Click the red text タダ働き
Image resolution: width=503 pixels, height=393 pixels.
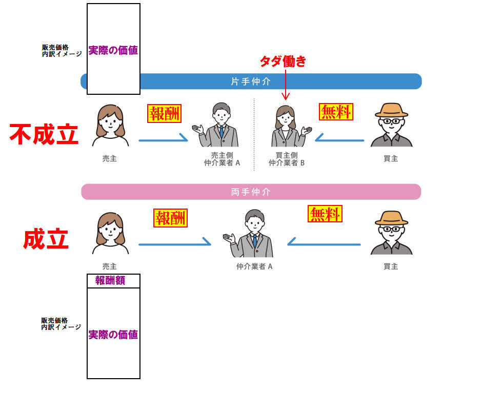pos(283,61)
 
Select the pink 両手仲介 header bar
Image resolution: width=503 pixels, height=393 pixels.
pos(251,192)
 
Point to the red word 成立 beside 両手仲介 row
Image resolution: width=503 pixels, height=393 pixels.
pos(46,239)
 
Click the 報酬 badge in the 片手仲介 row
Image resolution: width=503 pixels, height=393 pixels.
pos(165,114)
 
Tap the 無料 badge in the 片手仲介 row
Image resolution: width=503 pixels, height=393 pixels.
pos(336,112)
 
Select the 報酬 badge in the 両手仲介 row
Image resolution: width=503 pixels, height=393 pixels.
pos(171,218)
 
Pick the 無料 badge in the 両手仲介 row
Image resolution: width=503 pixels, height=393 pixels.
pos(325,214)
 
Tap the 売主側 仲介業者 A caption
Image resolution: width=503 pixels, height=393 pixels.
pos(222,159)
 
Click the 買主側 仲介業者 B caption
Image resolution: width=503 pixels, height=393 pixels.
pos(287,159)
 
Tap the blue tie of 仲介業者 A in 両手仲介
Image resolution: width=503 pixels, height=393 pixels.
pos(254,240)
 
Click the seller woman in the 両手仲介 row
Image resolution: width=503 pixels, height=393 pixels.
pos(110,233)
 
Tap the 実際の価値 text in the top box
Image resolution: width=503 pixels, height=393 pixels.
pos(113,51)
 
